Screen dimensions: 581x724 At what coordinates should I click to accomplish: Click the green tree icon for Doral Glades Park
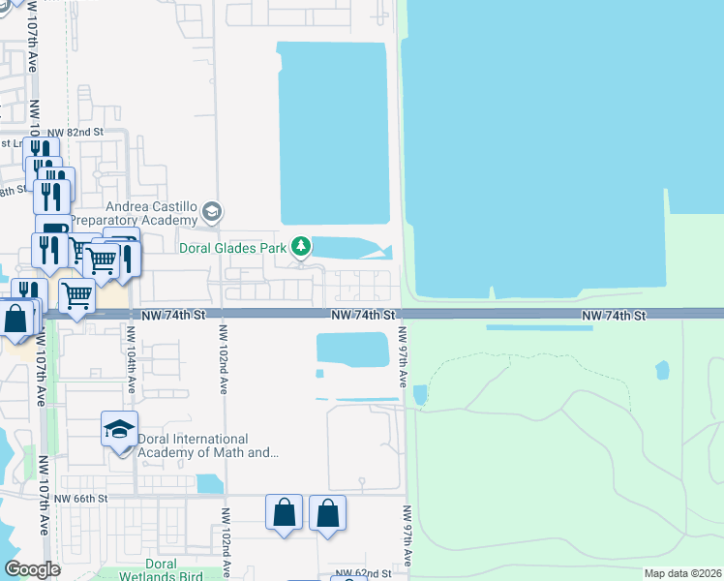[302, 249]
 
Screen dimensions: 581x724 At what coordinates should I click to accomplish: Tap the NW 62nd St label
[364, 574]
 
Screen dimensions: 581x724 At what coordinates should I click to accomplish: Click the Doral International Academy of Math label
[207, 445]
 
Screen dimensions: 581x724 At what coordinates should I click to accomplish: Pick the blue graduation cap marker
[119, 429]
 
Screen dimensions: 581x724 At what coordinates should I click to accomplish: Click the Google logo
[32, 569]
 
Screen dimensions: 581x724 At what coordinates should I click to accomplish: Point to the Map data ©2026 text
[682, 573]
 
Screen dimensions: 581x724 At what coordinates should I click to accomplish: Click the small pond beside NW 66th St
[209, 483]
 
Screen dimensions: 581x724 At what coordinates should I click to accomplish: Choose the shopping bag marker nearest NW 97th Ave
[328, 512]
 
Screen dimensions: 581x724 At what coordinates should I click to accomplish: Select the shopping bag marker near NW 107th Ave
[17, 319]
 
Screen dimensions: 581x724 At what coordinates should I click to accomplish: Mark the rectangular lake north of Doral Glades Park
[333, 133]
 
